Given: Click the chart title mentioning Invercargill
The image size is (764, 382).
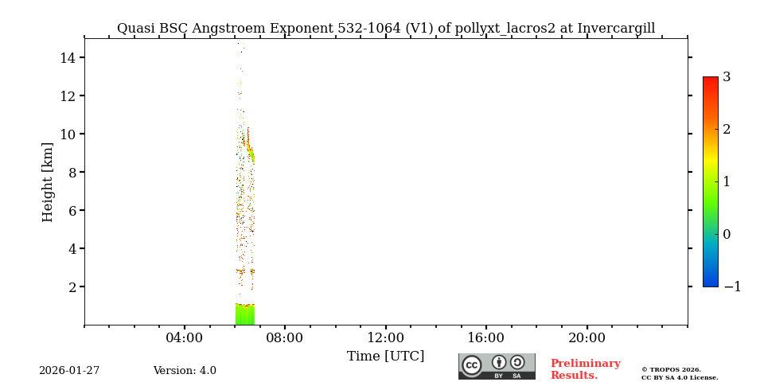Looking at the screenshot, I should pyautogui.click(x=386, y=29).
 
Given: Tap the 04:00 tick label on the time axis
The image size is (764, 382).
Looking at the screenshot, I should pyautogui.click(x=185, y=338).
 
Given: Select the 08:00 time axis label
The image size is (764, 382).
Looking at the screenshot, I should pyautogui.click(x=285, y=338).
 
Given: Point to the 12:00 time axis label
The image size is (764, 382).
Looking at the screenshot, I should pyautogui.click(x=385, y=338).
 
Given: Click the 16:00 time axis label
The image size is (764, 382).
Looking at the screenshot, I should pyautogui.click(x=485, y=338).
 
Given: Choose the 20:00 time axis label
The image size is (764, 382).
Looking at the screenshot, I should pyautogui.click(x=587, y=338).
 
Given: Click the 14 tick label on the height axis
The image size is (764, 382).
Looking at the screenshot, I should pyautogui.click(x=67, y=57).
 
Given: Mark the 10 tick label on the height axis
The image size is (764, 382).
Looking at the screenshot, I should pyautogui.click(x=67, y=134).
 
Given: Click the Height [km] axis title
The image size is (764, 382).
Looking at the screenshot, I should pyautogui.click(x=48, y=181).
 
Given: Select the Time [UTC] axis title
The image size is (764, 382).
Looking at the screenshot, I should pyautogui.click(x=385, y=357).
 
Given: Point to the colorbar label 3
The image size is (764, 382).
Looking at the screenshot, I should pyautogui.click(x=727, y=77).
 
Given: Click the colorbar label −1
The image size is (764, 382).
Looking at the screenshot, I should pyautogui.click(x=732, y=286).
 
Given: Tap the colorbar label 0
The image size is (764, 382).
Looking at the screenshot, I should pyautogui.click(x=727, y=234).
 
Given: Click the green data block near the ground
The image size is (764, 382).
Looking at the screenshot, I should pyautogui.click(x=244, y=315).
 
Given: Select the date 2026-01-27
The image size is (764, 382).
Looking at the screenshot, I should pyautogui.click(x=69, y=371).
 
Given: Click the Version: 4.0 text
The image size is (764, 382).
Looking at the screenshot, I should pyautogui.click(x=185, y=371).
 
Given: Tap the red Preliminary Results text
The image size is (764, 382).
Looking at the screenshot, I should pyautogui.click(x=585, y=369).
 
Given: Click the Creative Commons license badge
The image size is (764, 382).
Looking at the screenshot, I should pyautogui.click(x=497, y=366).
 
